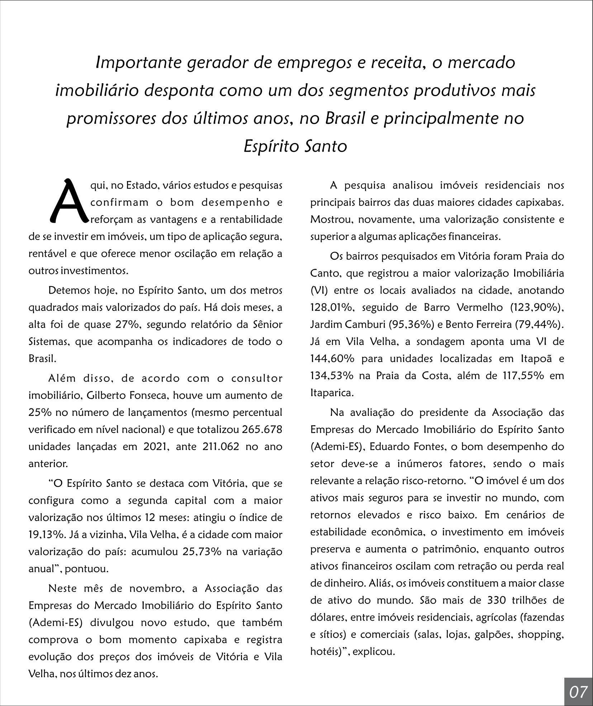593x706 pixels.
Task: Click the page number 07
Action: pos(578,691)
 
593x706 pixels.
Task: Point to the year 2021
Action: pos(156,447)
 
